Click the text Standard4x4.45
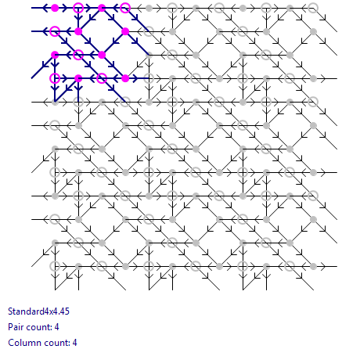(38, 311)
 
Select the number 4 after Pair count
(56, 327)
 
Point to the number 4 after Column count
(74, 343)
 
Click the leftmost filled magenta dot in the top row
(55, 8)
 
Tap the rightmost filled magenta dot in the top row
(102, 8)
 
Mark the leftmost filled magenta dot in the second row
(78, 31)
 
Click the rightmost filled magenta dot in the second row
(125, 31)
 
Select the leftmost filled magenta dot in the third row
(55, 55)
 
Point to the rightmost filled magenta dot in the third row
(102, 55)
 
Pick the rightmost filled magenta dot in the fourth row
(125, 78)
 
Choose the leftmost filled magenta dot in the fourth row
(78, 78)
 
